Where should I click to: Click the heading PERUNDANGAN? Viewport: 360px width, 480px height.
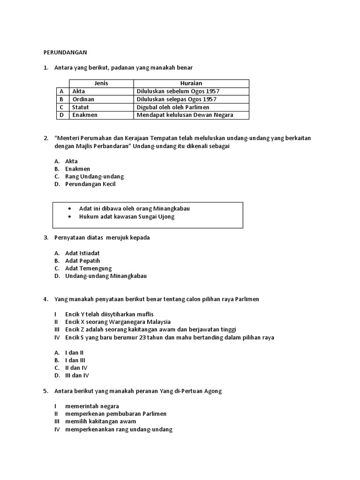pyautogui.click(x=65, y=52)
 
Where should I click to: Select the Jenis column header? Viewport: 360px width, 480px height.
pyautogui.click(x=101, y=83)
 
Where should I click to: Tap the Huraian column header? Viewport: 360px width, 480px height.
pyautogui.click(x=191, y=83)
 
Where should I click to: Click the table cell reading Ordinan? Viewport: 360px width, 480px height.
pyautogui.click(x=83, y=99)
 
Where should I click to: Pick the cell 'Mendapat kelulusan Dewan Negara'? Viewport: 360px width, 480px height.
pyautogui.click(x=185, y=115)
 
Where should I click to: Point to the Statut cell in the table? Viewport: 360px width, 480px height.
pyautogui.click(x=81, y=107)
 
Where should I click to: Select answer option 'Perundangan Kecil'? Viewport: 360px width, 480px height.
pyautogui.click(x=90, y=184)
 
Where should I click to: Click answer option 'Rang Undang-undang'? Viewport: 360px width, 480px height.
pyautogui.click(x=94, y=176)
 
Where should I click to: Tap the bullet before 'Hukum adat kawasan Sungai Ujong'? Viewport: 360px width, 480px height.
pyautogui.click(x=70, y=217)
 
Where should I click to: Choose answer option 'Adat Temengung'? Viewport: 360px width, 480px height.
pyautogui.click(x=88, y=269)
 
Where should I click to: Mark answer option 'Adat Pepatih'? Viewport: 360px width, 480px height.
pyautogui.click(x=82, y=261)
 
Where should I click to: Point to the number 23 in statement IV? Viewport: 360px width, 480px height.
pyautogui.click(x=136, y=337)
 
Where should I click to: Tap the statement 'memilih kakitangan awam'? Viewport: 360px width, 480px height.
pyautogui.click(x=100, y=421)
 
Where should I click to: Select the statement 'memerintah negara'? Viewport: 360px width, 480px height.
pyautogui.click(x=92, y=406)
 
